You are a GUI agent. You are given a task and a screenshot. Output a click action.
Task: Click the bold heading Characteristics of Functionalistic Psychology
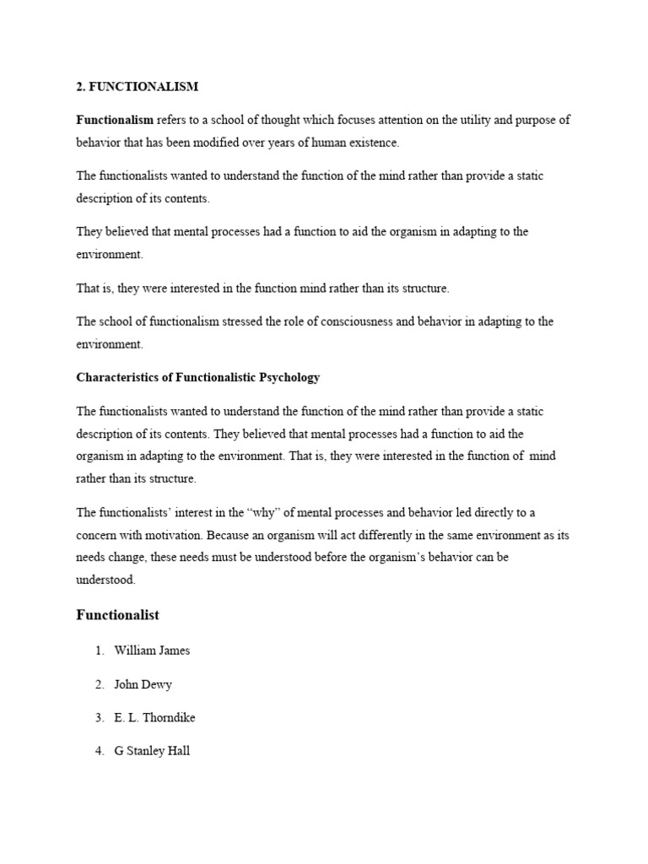tap(198, 377)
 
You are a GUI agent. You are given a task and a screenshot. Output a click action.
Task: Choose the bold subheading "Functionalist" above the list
tap(117, 616)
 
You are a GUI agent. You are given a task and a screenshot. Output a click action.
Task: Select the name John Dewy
tap(143, 684)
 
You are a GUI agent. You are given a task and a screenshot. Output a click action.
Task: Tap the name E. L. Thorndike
tap(155, 717)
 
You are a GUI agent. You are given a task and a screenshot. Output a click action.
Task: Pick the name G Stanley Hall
tap(152, 750)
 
